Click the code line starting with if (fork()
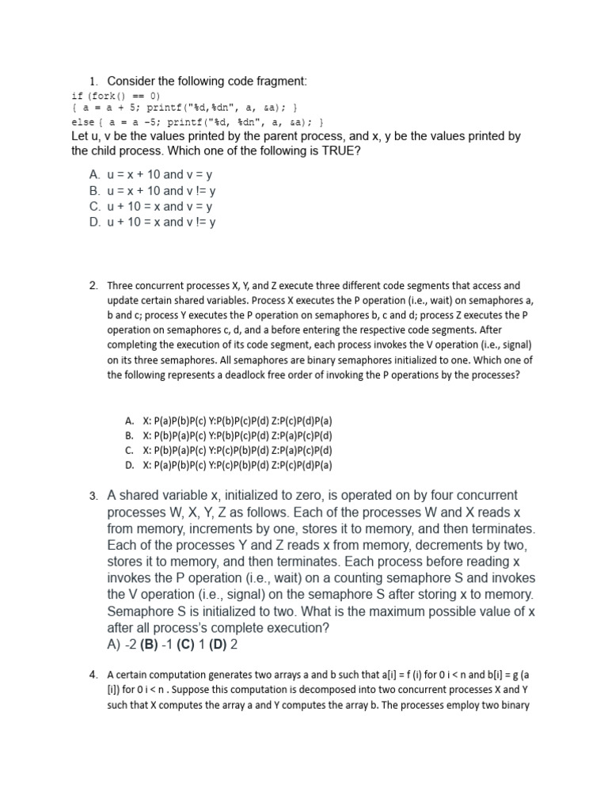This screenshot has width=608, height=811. (x=116, y=95)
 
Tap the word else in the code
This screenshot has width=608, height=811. (x=82, y=122)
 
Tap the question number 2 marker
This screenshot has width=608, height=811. (x=93, y=285)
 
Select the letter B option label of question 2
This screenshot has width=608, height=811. (x=128, y=435)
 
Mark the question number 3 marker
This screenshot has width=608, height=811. (x=93, y=497)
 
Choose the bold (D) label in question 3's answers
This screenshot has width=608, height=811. (x=218, y=645)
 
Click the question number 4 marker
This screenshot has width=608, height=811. (x=93, y=675)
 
